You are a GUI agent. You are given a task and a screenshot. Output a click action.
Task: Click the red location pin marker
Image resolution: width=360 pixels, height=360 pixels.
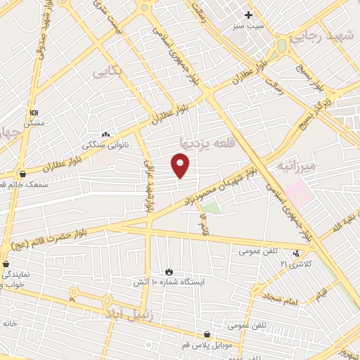pos(181,166)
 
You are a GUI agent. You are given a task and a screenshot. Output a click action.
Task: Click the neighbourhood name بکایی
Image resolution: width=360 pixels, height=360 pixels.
pos(108,71)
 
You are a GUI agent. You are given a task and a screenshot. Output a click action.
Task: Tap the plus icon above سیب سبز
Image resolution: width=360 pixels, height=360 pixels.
pos(247,14)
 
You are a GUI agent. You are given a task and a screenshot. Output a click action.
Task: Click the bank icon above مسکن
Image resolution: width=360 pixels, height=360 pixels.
pos(34,112)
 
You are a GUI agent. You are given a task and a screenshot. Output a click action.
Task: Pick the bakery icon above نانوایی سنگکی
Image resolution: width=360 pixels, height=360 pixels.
pos(105,134)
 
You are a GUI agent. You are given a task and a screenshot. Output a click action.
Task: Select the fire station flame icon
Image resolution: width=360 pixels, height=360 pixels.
pos(169,271)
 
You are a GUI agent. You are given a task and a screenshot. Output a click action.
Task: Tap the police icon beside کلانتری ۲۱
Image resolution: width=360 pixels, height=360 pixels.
pos(296,253)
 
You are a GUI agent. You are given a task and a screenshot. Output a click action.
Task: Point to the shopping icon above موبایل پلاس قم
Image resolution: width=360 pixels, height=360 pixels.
pos(207,335)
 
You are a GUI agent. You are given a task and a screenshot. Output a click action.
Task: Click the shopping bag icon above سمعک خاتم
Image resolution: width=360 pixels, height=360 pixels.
pos(22,173)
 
